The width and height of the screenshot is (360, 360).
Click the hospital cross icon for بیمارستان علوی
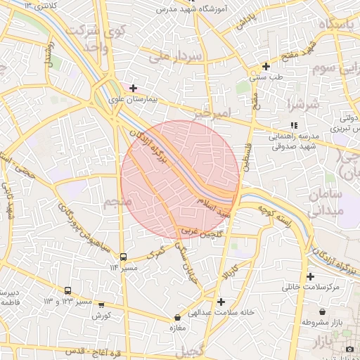[x=133, y=88]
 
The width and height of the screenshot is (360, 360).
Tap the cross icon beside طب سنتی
[x=265, y=66]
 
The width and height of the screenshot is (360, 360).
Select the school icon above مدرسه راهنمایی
[x=293, y=124]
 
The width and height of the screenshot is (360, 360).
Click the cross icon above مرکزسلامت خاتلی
[x=310, y=276]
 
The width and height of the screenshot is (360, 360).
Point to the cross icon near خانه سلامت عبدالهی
[x=221, y=302]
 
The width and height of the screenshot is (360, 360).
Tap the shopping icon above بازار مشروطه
[x=323, y=311]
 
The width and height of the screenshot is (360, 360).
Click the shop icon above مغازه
[x=177, y=318]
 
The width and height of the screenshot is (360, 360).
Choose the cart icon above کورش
[x=101, y=305]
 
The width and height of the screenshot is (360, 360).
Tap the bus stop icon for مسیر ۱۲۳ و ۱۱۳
[x=68, y=290]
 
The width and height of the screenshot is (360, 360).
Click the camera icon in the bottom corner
[x=349, y=349]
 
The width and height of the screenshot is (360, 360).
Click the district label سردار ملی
[x=181, y=55]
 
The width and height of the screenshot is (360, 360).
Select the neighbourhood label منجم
[x=117, y=204]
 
